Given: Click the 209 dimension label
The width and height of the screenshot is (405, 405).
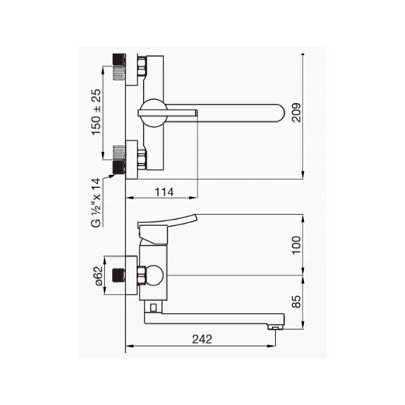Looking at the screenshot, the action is [x=297, y=112].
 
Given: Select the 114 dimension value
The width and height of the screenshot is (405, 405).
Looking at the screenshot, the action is [x=164, y=192].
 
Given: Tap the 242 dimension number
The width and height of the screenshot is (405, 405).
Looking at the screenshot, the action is [x=202, y=339].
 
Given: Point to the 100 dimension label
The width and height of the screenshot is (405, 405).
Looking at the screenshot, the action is [x=297, y=245].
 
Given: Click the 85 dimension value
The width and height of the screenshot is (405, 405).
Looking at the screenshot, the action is [x=297, y=302].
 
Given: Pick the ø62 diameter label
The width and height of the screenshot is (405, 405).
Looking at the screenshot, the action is [x=98, y=276].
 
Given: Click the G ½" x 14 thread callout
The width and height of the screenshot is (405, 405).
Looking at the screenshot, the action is [x=96, y=202].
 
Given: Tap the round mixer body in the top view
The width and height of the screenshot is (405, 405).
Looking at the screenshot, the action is [x=154, y=113].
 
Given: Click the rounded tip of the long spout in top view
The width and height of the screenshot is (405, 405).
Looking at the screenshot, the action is [x=281, y=113].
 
